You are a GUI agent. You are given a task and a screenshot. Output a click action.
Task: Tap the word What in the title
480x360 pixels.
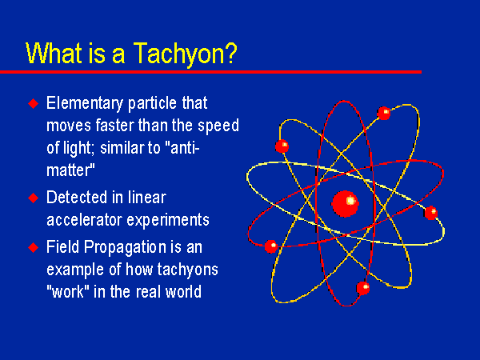click(x=54, y=53)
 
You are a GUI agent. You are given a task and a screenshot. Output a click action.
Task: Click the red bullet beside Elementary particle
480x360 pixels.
click(x=34, y=103)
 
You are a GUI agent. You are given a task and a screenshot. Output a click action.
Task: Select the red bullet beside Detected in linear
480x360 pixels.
click(x=34, y=198)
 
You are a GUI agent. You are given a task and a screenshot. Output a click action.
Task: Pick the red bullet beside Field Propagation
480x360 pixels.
click(x=34, y=247)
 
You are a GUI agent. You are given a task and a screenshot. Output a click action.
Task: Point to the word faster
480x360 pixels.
click(x=114, y=126)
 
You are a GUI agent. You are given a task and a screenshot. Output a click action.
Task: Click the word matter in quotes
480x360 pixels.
click(x=69, y=170)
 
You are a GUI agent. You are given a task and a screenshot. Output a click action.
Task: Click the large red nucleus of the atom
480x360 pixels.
click(x=346, y=203)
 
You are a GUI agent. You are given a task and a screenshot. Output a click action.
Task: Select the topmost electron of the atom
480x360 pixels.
click(x=384, y=114)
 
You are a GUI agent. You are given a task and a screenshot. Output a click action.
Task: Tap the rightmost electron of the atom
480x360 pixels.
click(x=431, y=213)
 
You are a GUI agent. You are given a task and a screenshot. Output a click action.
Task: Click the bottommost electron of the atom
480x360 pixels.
click(x=363, y=288)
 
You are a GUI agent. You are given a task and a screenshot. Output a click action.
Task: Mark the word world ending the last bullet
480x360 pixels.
click(x=184, y=291)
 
